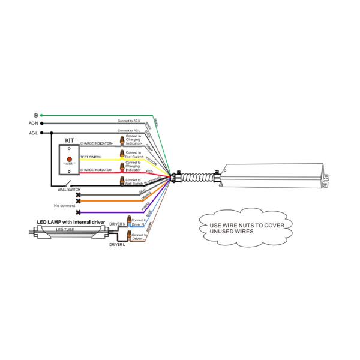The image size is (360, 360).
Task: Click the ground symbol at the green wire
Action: [36, 115]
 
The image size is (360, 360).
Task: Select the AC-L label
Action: [34, 133]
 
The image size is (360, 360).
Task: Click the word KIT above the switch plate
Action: [69, 140]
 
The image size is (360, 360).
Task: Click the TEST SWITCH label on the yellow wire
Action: [91, 157]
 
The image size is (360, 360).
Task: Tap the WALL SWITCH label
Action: [69, 190]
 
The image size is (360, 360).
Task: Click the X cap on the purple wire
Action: [78, 212]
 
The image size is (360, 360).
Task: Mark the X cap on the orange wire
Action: [78, 201]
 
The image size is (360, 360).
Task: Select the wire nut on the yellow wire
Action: [122, 155]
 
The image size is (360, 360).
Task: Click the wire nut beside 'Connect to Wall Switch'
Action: [122, 179]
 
